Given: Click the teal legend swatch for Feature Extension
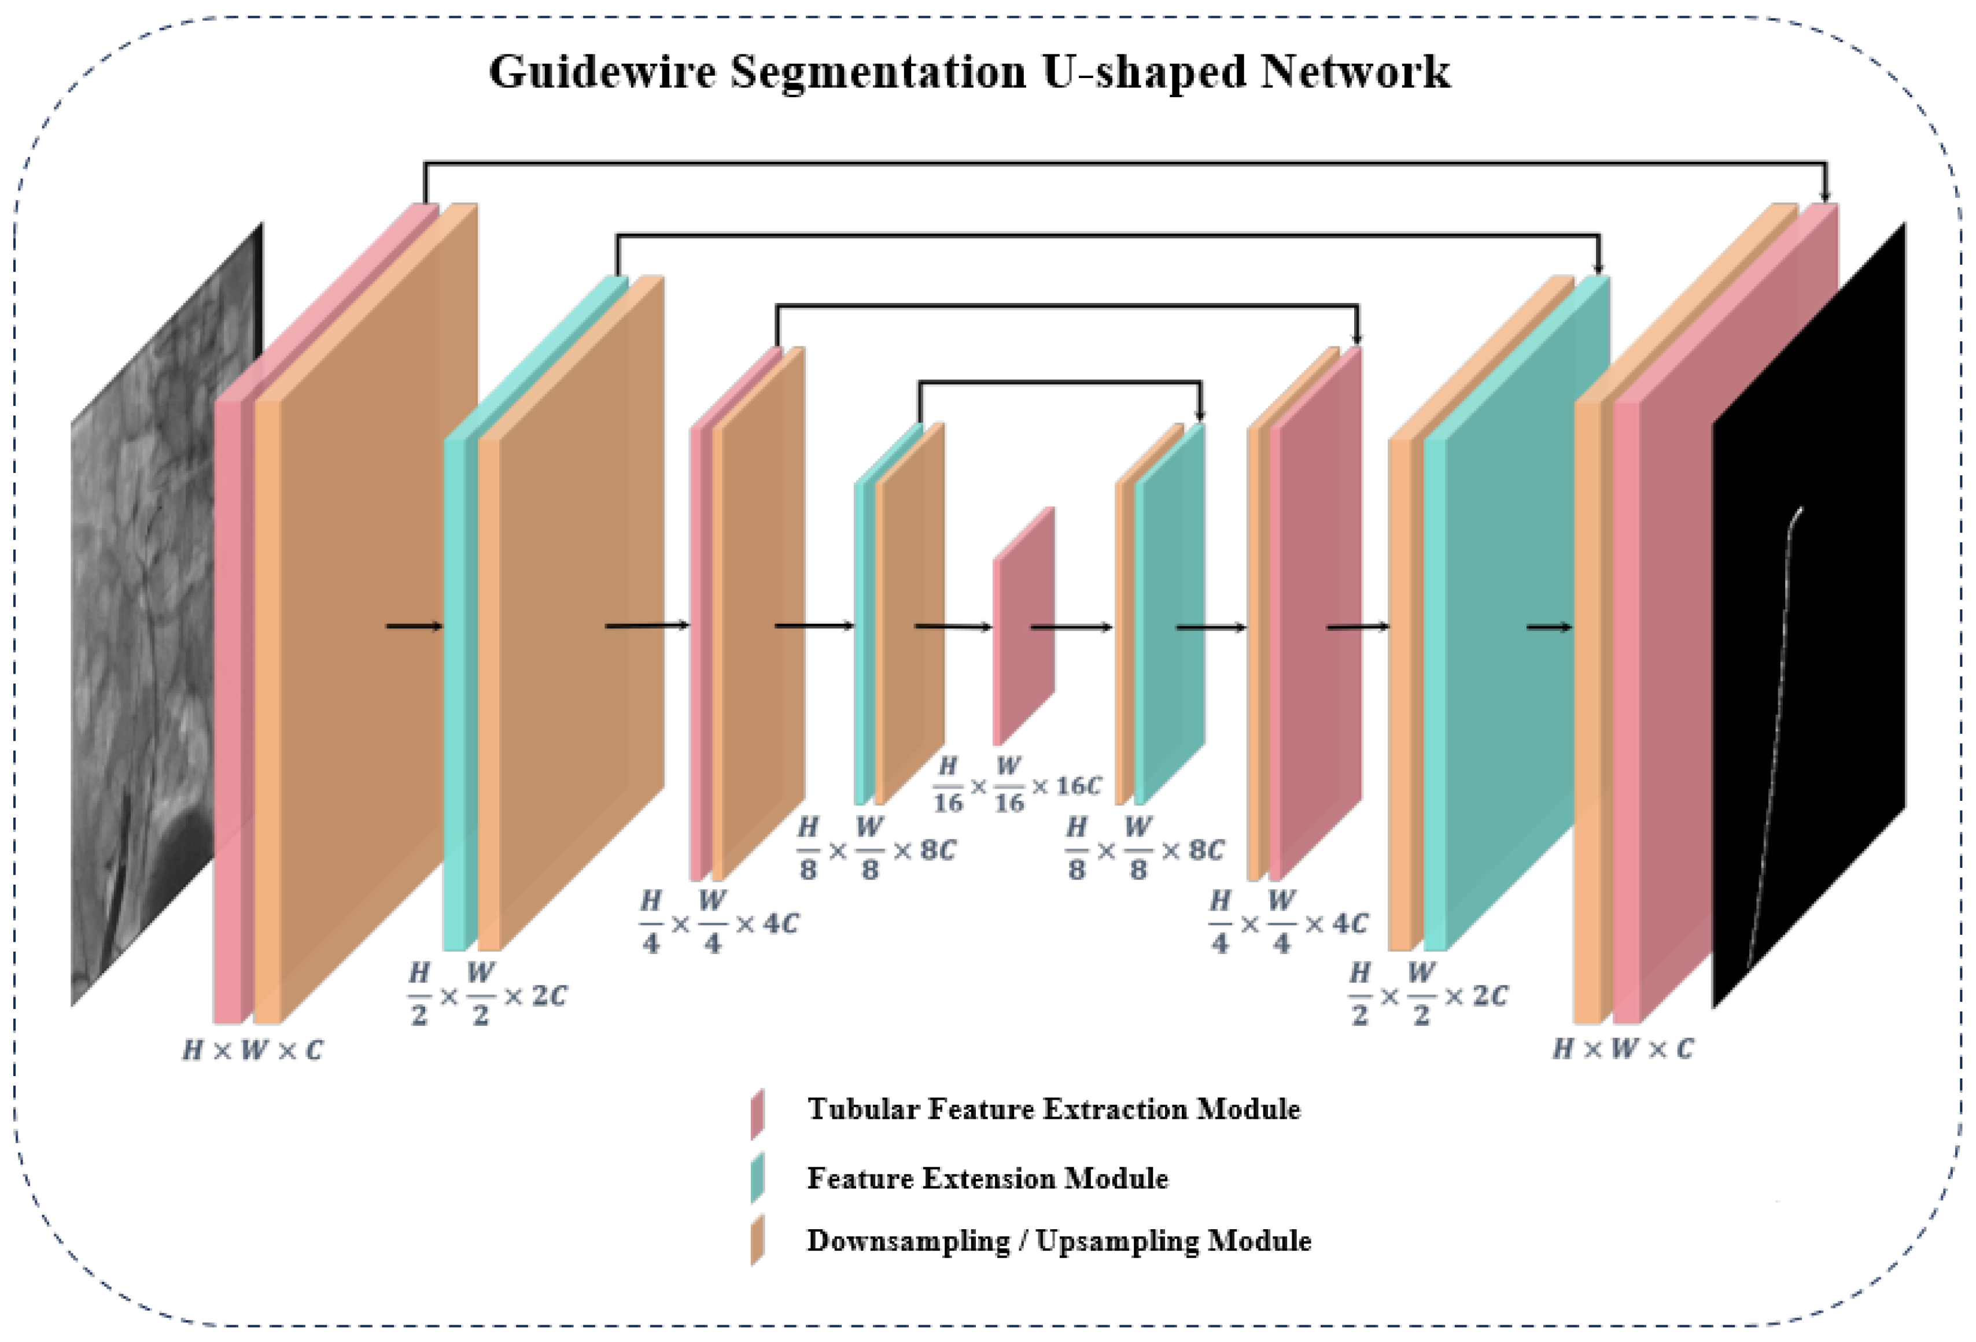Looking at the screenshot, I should (x=757, y=1177).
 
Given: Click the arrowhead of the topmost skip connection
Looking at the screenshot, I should (x=1824, y=195).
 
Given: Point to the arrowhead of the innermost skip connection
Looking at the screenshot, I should (x=1200, y=414).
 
